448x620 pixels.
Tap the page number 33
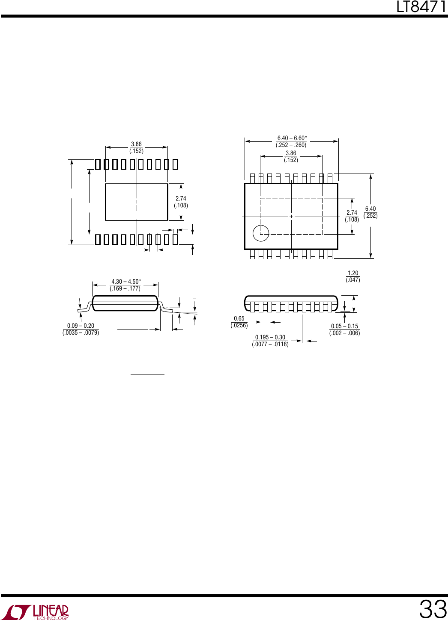(x=433, y=609)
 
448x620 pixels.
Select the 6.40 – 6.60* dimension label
(x=292, y=138)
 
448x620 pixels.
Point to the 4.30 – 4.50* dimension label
(x=126, y=282)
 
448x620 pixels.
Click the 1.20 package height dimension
(x=353, y=273)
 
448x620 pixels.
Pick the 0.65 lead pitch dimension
(x=239, y=319)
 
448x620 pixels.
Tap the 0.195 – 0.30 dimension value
(x=270, y=337)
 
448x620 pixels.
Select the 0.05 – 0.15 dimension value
(x=344, y=326)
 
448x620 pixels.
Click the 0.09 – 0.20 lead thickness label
(x=81, y=326)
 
